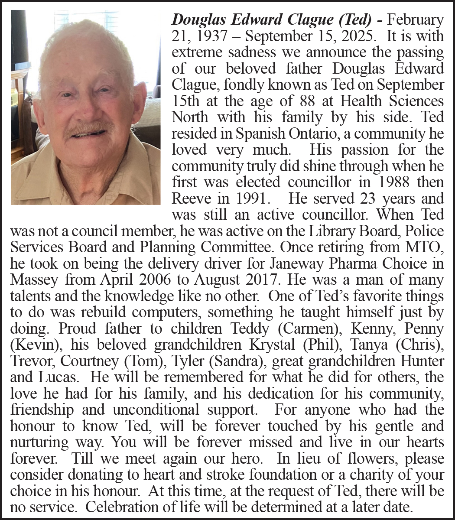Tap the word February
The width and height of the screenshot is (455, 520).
[x=415, y=19]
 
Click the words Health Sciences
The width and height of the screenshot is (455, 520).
[x=392, y=101]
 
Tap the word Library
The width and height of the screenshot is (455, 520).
[x=331, y=231]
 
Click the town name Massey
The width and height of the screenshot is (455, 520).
[x=33, y=279]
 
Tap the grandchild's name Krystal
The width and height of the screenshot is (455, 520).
[x=274, y=344]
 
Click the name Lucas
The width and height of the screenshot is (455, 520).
[x=57, y=377]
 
